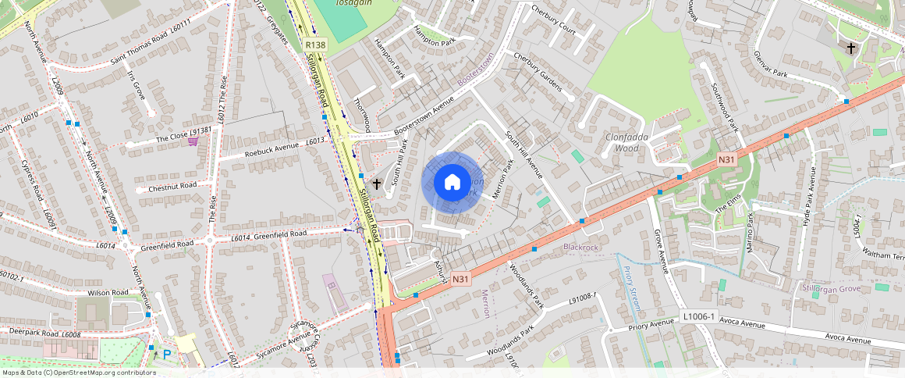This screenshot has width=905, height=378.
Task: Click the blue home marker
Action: (452, 183)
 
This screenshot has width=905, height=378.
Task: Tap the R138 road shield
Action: (315, 46)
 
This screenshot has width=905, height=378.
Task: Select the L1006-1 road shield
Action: (697, 316)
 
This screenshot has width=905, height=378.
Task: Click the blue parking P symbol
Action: (166, 353)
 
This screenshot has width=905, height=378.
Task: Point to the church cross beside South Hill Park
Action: (377, 184)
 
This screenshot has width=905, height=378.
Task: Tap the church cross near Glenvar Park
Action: (851, 48)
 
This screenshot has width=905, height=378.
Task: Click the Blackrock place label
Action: (580, 248)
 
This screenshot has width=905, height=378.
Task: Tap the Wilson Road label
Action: (108, 293)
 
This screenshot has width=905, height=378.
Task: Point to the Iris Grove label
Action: (136, 86)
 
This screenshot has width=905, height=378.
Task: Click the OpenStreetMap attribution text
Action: (78, 373)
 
